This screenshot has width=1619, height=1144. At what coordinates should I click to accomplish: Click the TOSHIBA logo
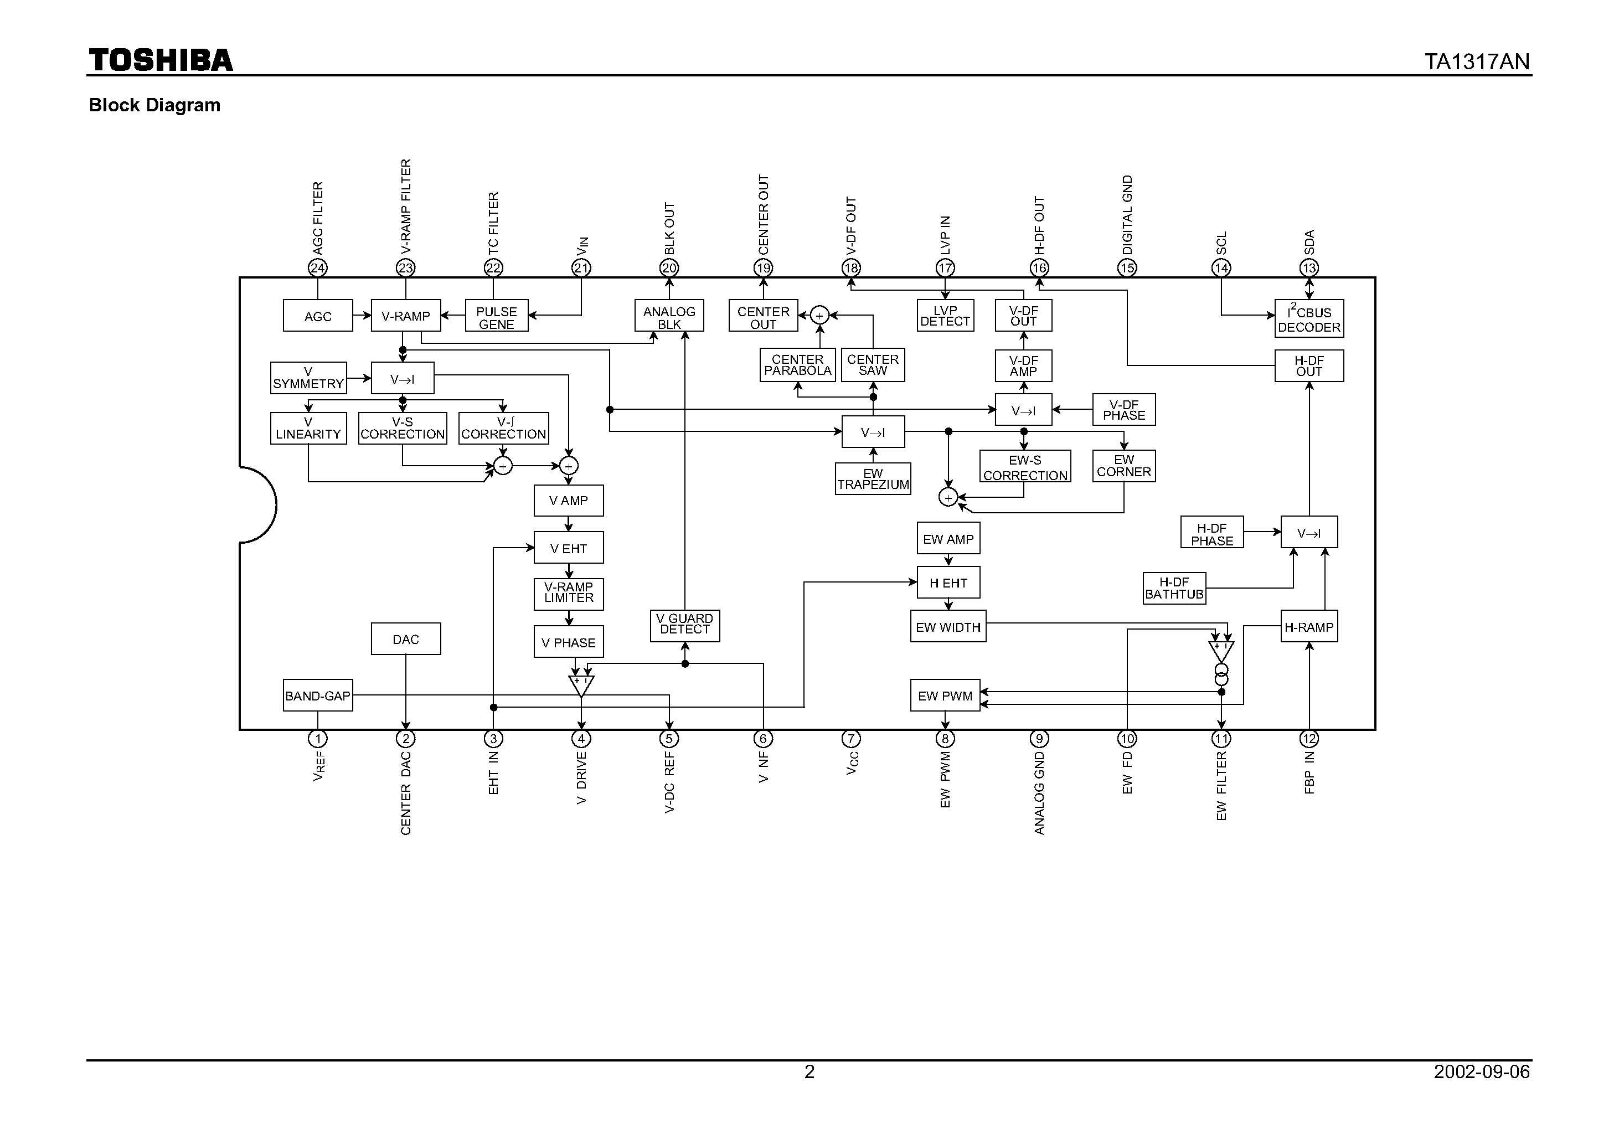click(x=161, y=61)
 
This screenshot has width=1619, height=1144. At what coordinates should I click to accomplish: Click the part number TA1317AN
click(x=1477, y=62)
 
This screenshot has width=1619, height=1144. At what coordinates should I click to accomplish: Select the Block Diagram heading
click(x=154, y=105)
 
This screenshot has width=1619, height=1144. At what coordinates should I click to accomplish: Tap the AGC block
click(x=317, y=316)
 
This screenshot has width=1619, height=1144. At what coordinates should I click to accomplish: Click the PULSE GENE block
click(x=497, y=317)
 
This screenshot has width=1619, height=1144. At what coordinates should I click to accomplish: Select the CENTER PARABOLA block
click(x=797, y=365)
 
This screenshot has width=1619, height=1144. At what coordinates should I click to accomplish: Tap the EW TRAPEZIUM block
click(x=873, y=479)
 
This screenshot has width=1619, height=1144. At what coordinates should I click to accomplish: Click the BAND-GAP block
click(x=317, y=695)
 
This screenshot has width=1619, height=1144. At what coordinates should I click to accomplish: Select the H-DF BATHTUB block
click(x=1174, y=588)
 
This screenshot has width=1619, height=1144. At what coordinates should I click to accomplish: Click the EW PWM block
click(x=945, y=695)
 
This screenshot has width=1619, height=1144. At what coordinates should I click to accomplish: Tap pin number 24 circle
click(x=317, y=268)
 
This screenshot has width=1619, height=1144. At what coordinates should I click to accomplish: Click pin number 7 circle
click(x=851, y=739)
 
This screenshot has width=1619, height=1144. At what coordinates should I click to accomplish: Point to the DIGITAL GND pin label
click(x=1127, y=214)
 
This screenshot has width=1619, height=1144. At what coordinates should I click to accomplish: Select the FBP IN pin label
click(x=1309, y=772)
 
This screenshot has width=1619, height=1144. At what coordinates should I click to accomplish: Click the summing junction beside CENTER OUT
click(x=819, y=315)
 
